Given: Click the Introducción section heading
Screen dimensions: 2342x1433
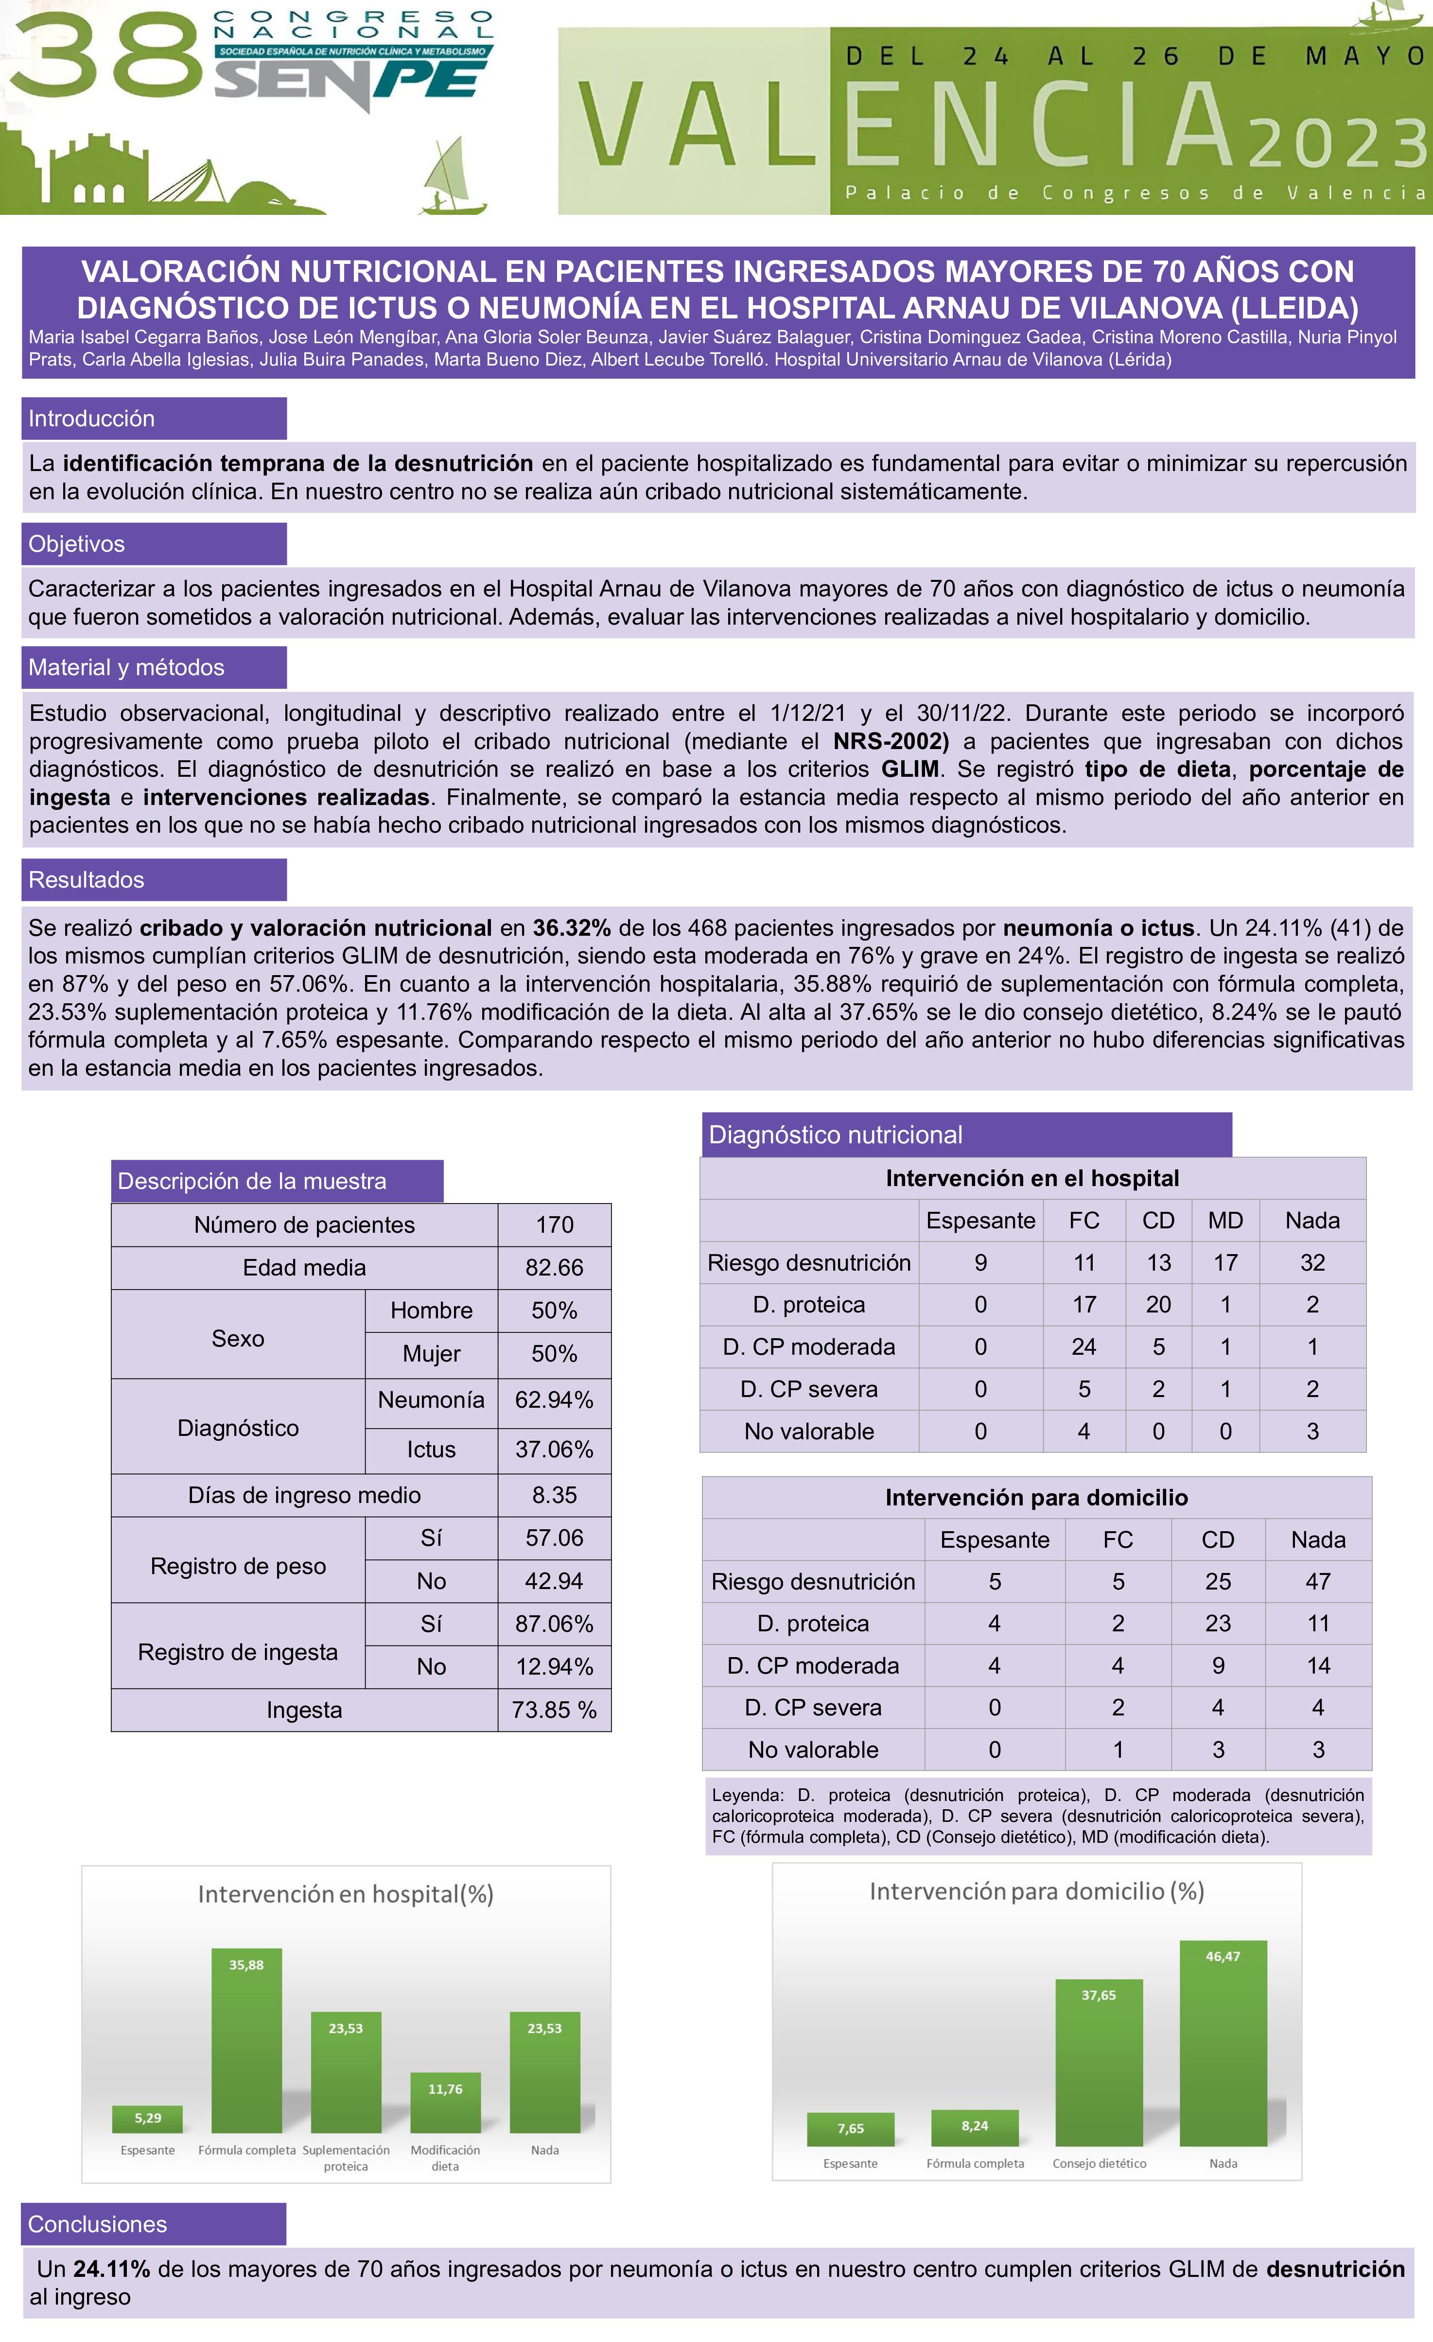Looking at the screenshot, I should pos(91,418).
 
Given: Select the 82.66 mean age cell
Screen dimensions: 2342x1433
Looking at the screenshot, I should pos(554,1267).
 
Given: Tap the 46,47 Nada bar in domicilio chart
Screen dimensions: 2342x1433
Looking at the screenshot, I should pos(1223,2044).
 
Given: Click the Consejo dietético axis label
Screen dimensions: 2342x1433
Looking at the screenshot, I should pos(1100,2163).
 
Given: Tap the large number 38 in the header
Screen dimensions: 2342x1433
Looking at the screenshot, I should pos(105,57).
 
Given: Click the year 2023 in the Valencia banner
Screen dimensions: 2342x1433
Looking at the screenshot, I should pos(1338,144).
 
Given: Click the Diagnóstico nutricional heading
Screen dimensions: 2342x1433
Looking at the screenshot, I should pos(835,1135).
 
